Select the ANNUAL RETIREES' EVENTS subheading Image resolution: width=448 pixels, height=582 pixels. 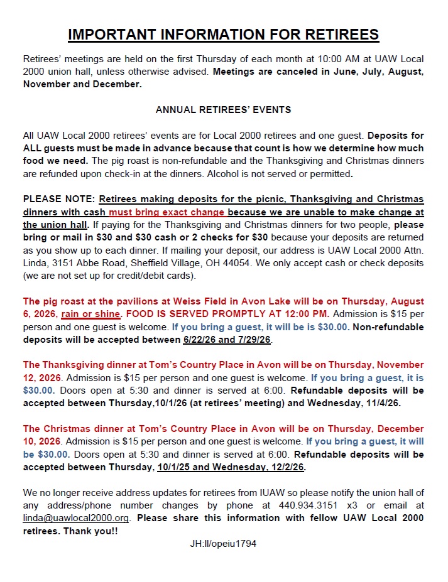223,109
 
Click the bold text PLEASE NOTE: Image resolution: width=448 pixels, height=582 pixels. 58,199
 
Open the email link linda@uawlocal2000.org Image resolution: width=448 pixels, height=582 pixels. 78,518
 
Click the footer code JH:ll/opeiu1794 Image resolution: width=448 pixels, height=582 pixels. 223,544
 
